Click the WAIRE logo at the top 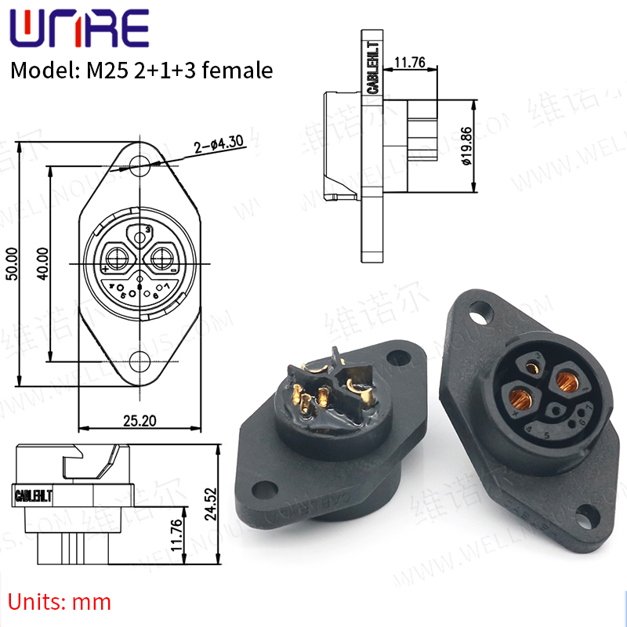point(78,29)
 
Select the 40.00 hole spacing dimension point(42,264)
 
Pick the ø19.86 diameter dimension point(466,147)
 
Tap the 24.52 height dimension point(211,504)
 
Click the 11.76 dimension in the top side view point(409,62)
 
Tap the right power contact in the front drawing point(163,256)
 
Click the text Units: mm point(60,602)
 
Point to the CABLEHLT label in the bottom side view point(34,495)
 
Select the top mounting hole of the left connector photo point(405,345)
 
